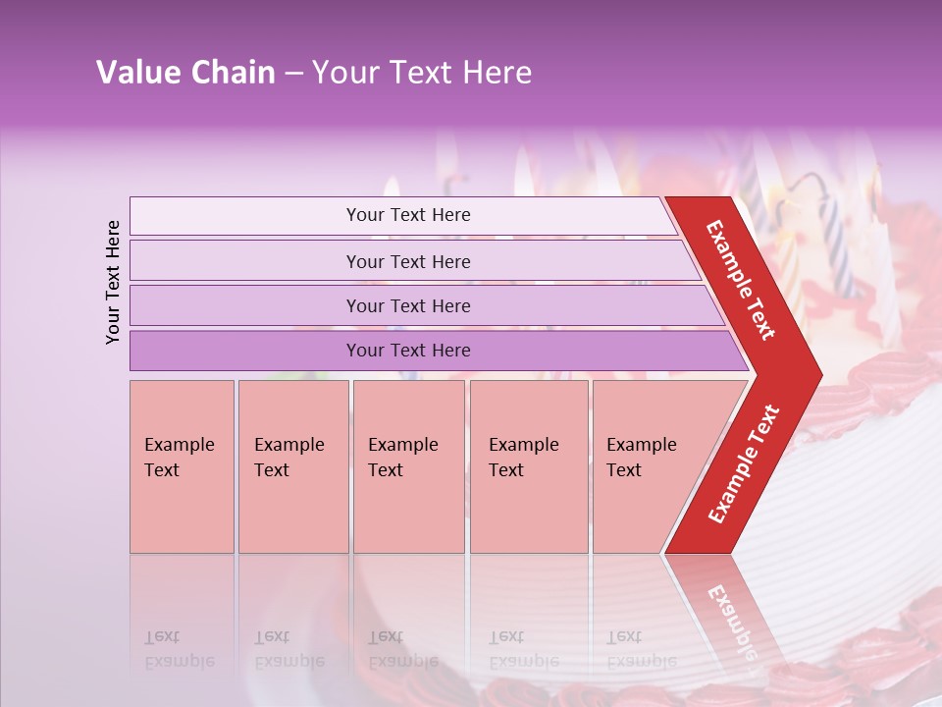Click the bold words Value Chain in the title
click(185, 73)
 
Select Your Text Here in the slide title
click(422, 73)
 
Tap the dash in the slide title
click(293, 74)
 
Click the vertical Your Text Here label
click(113, 282)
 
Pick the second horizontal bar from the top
click(408, 261)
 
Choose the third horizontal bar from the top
click(408, 305)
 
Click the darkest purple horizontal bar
click(408, 351)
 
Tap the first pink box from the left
click(182, 466)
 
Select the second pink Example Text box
click(292, 466)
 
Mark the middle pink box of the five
click(408, 466)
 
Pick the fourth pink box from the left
click(529, 466)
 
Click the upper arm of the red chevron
click(742, 280)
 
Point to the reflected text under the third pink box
click(402, 648)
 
